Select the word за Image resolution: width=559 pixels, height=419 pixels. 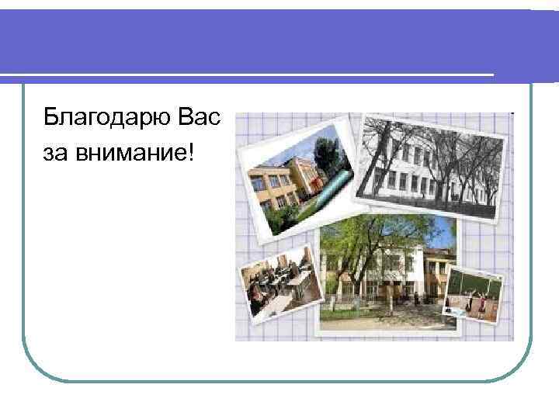57,153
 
